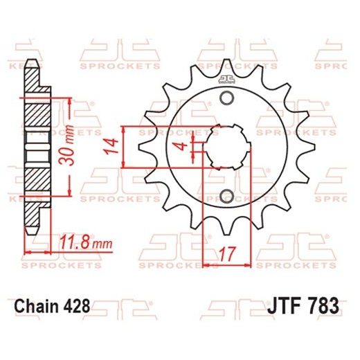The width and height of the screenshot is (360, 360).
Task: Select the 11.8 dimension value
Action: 75,243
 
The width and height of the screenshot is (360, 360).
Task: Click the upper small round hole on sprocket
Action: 225,99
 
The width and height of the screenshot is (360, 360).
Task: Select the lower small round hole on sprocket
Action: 225,196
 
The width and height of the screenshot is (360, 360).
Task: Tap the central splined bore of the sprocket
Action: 226,147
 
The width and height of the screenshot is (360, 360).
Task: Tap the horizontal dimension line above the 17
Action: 225,263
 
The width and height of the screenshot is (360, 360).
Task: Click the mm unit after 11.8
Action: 101,244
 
